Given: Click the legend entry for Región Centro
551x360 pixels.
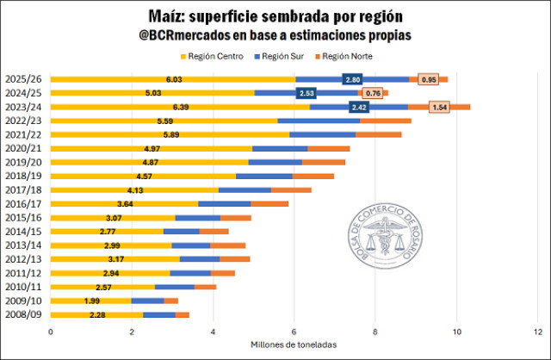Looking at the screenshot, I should tap(211, 56).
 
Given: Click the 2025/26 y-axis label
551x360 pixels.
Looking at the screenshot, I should tap(22, 79).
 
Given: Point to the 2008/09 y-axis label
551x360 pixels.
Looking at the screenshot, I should tap(22, 314).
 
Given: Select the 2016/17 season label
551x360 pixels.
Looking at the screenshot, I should tap(22, 203).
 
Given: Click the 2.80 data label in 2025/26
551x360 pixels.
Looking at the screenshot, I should tap(351, 79).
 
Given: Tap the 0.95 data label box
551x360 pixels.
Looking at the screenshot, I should tap(428, 79).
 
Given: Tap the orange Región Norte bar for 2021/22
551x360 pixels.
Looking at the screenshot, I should tap(378, 134).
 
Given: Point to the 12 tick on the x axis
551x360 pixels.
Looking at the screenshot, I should tap(537, 331).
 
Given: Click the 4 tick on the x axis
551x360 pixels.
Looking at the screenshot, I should tap(213, 331).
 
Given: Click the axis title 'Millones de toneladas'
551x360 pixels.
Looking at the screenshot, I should tap(293, 344).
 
